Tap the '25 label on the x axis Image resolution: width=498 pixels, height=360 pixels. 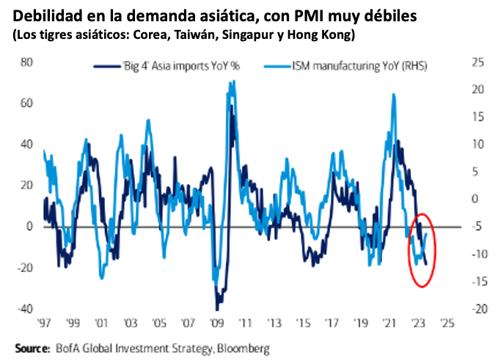[447, 321]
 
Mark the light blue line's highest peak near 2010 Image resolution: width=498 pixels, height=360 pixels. [233, 82]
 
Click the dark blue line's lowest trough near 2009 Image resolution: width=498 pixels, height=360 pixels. [217, 309]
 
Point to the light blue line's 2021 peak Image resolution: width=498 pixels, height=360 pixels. [395, 95]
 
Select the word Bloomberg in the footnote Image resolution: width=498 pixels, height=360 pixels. [243, 347]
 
